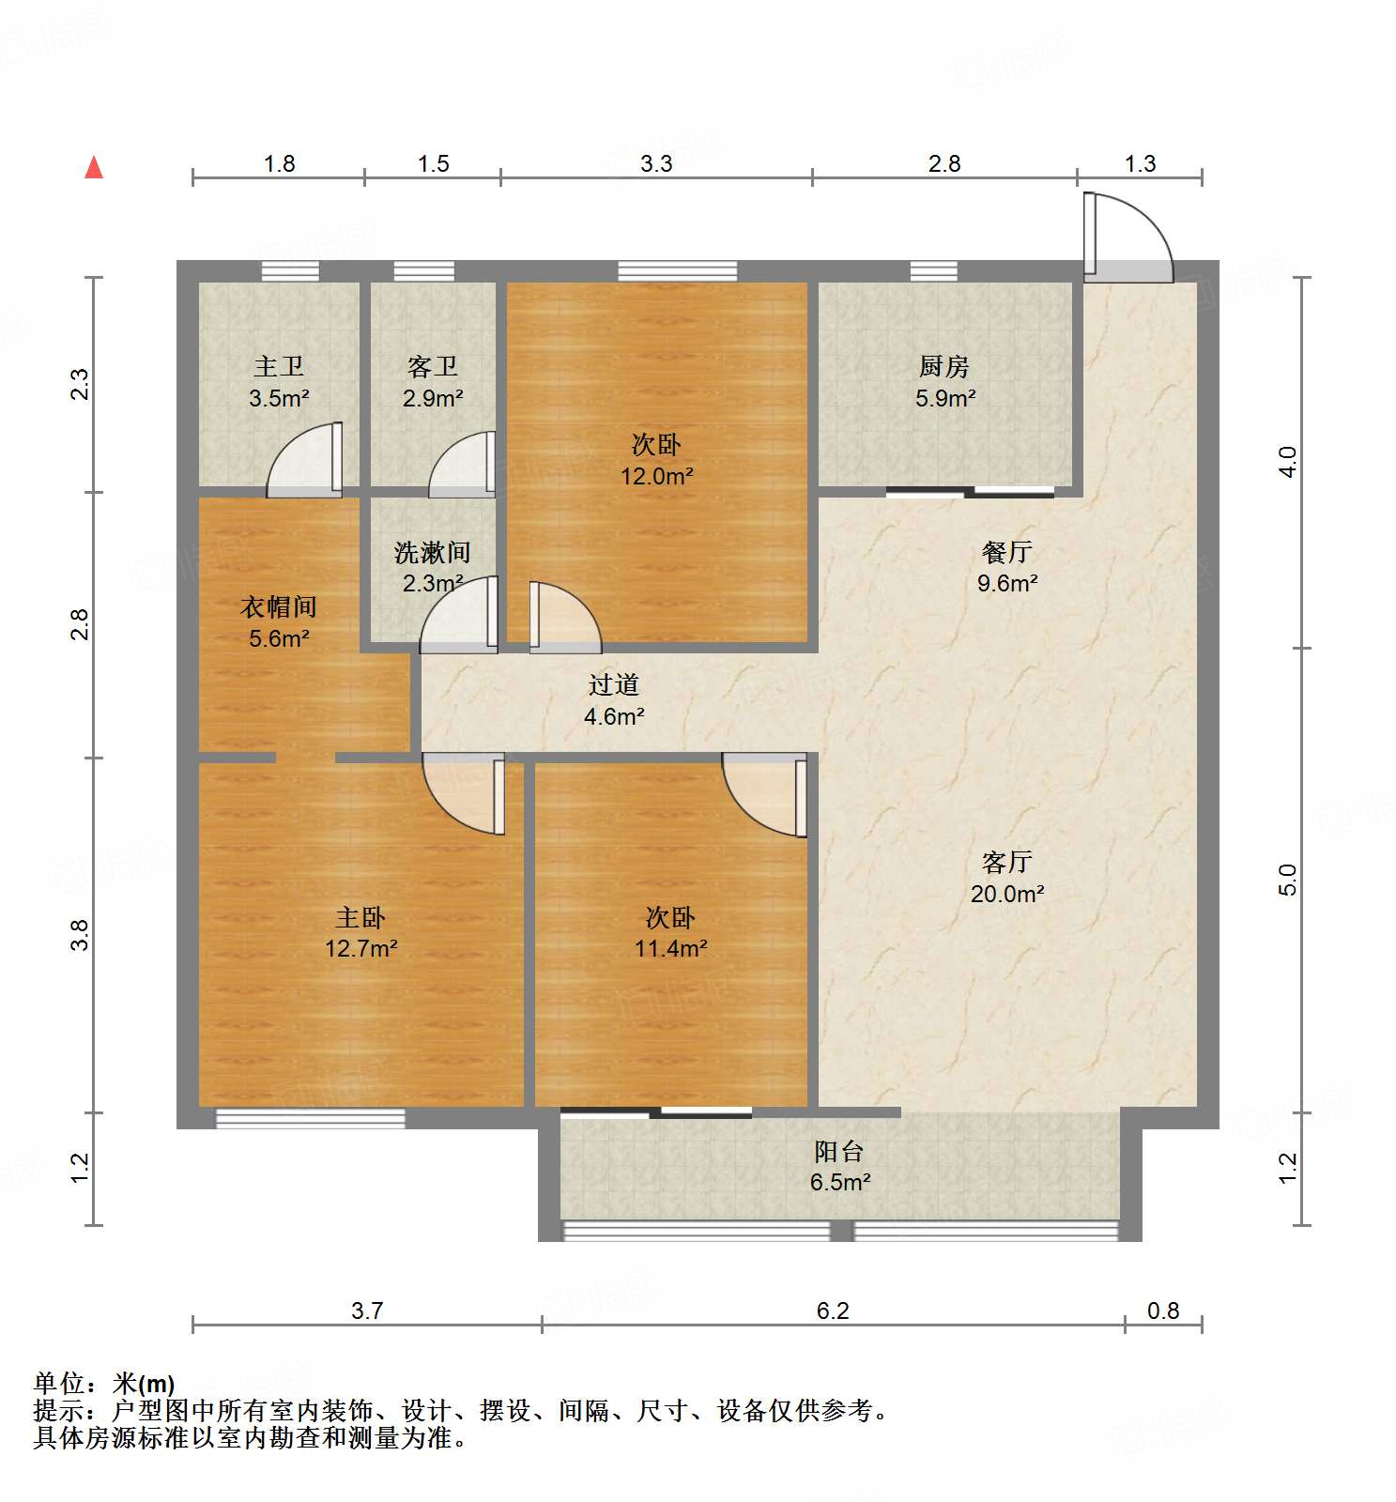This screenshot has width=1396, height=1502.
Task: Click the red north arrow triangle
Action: (x=94, y=168)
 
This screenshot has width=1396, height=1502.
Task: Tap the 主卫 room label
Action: (x=279, y=366)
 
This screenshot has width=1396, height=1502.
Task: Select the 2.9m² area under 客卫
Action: (x=433, y=398)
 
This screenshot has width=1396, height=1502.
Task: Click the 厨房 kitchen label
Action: (x=943, y=366)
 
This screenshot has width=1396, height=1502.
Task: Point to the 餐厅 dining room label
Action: (x=1006, y=552)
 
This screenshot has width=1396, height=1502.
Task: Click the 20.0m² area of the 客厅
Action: (x=1006, y=894)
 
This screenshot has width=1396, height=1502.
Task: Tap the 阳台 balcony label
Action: (x=838, y=1151)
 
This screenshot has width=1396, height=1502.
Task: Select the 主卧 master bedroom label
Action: (x=361, y=917)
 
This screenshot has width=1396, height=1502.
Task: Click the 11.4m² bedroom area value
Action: (x=670, y=949)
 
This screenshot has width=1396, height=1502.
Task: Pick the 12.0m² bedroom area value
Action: (x=656, y=476)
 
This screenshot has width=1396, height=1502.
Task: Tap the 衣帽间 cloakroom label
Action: (x=279, y=606)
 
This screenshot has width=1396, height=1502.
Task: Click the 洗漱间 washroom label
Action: (x=432, y=552)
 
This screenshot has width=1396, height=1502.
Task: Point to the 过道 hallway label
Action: (x=613, y=685)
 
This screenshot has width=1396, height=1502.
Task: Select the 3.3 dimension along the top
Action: (x=656, y=163)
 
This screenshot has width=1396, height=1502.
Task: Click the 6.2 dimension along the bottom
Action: (x=832, y=1310)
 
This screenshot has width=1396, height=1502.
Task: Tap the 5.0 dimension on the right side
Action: (x=1287, y=880)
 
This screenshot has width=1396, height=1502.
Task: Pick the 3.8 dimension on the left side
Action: (x=80, y=935)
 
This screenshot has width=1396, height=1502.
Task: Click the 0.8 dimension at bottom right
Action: (x=1162, y=1310)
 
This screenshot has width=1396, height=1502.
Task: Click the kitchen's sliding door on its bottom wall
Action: (x=970, y=491)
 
